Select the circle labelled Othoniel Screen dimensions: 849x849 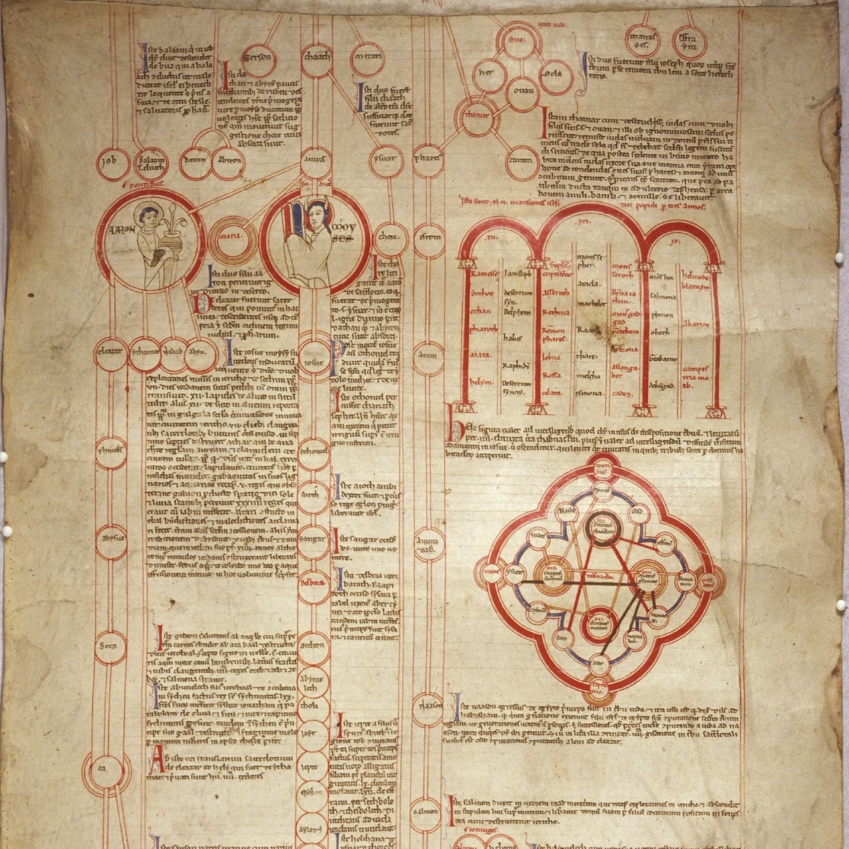click(x=313, y=451)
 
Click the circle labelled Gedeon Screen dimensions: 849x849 click(x=313, y=645)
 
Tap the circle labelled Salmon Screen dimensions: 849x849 click(x=425, y=810)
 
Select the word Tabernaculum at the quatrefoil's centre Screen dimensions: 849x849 click(x=600, y=575)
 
